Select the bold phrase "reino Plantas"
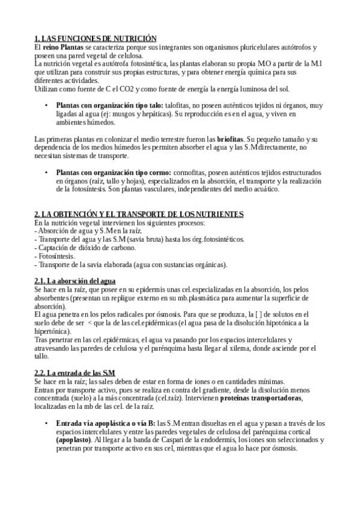coord(63,46)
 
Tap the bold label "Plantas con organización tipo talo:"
coord(109,105)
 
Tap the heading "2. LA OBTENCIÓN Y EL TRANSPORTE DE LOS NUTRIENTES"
coord(139,214)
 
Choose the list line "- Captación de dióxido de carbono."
coord(85,248)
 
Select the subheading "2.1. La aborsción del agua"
coord(75,281)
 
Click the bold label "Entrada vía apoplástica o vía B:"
coord(105,423)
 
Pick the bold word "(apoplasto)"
coord(78,440)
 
